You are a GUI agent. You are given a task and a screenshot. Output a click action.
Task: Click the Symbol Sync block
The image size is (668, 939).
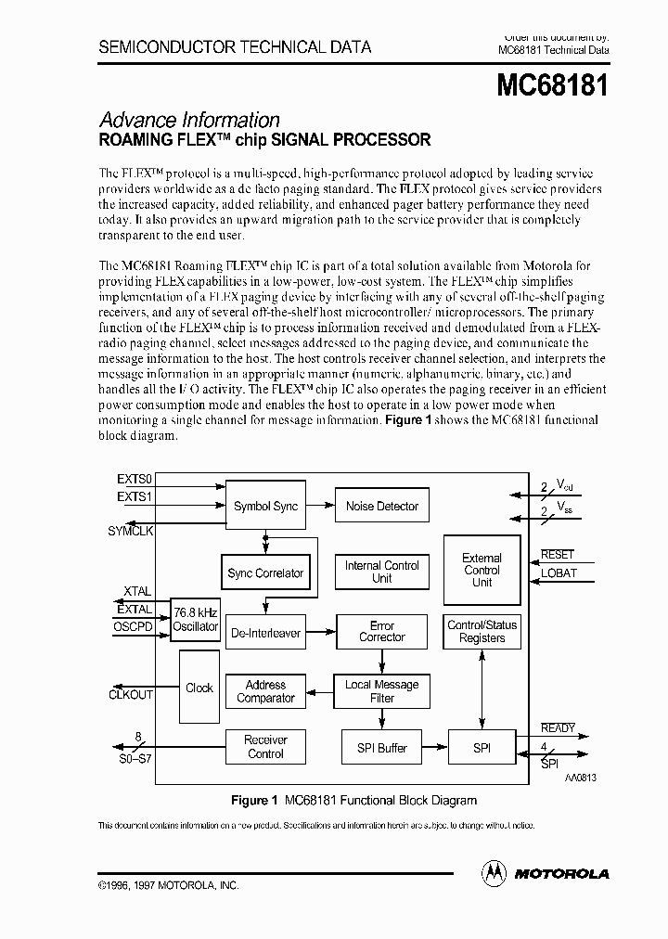coord(265,507)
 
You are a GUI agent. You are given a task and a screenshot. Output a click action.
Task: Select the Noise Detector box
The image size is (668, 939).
coord(381,507)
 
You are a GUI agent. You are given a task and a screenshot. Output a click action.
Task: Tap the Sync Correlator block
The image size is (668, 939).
coord(265,573)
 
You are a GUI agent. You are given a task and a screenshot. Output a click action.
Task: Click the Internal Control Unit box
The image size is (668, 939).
coord(381,572)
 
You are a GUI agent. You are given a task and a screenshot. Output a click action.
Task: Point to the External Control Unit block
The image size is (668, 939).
coord(482,570)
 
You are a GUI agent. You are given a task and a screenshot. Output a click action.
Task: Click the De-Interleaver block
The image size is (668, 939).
coord(265,633)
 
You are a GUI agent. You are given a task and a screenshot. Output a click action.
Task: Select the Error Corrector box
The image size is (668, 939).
coord(381,632)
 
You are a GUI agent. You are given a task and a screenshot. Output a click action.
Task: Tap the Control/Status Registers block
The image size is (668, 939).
coord(482,632)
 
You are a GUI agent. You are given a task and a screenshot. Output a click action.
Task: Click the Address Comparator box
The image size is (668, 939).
coord(265,691)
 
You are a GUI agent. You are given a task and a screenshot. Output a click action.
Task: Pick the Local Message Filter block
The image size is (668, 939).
coord(381,691)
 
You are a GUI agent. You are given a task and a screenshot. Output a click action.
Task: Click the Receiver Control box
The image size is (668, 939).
coord(265,747)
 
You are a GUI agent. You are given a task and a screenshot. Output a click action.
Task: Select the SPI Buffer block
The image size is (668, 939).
coord(381,748)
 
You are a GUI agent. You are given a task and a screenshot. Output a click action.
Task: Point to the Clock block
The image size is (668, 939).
coord(199,688)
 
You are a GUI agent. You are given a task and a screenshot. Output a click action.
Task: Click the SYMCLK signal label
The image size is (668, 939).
coord(131,531)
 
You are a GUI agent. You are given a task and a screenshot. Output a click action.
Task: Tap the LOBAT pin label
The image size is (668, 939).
coord(559,573)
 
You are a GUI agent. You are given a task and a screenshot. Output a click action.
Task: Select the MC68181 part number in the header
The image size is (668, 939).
coord(552,86)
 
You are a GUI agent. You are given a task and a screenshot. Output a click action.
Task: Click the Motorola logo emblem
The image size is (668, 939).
coord(494,872)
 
